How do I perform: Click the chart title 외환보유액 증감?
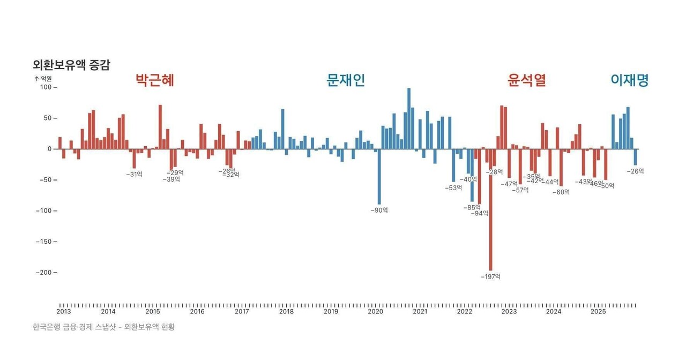(71, 65)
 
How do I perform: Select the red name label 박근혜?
(155, 80)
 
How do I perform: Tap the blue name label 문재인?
(346, 80)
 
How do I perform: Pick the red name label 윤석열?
(526, 80)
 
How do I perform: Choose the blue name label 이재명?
(630, 80)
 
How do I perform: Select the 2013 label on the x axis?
(64, 311)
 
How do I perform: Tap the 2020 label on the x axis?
(375, 311)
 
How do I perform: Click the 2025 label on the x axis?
(598, 311)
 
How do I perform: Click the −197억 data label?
(490, 277)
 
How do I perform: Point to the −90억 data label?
(379, 211)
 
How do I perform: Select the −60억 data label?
(561, 192)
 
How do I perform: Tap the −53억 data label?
(453, 188)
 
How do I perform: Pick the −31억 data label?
(134, 174)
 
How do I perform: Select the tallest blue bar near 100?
(409, 118)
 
